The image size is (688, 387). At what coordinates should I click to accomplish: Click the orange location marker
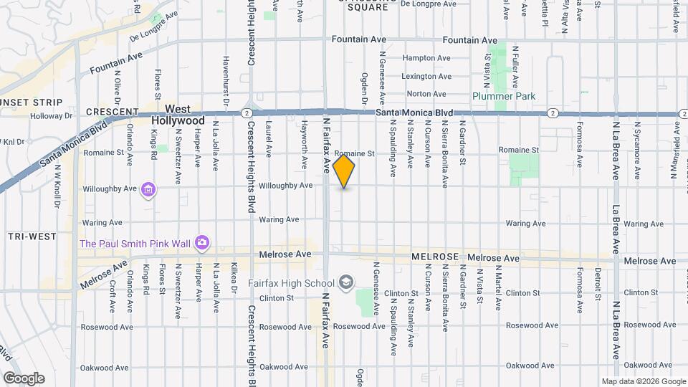(x=344, y=171)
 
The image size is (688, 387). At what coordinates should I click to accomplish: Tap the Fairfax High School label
(x=294, y=282)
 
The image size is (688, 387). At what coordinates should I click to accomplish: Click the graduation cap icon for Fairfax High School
(x=346, y=282)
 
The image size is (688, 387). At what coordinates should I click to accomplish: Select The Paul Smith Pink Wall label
(x=135, y=244)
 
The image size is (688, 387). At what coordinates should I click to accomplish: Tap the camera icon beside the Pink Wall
(x=202, y=243)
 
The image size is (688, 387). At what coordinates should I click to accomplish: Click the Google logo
(x=24, y=378)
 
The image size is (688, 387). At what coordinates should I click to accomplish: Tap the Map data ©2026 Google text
(x=642, y=381)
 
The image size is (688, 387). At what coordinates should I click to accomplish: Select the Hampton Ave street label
(x=426, y=58)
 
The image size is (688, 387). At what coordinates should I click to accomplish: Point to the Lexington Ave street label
(x=426, y=76)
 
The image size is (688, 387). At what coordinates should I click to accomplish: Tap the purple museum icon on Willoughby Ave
(x=148, y=190)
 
